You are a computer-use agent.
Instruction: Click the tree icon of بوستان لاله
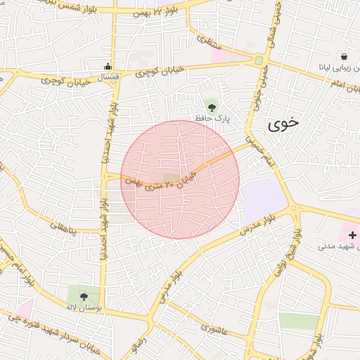[84, 296]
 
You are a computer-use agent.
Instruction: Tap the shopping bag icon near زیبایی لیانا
[344, 56]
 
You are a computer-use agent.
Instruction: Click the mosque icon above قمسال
[107, 67]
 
